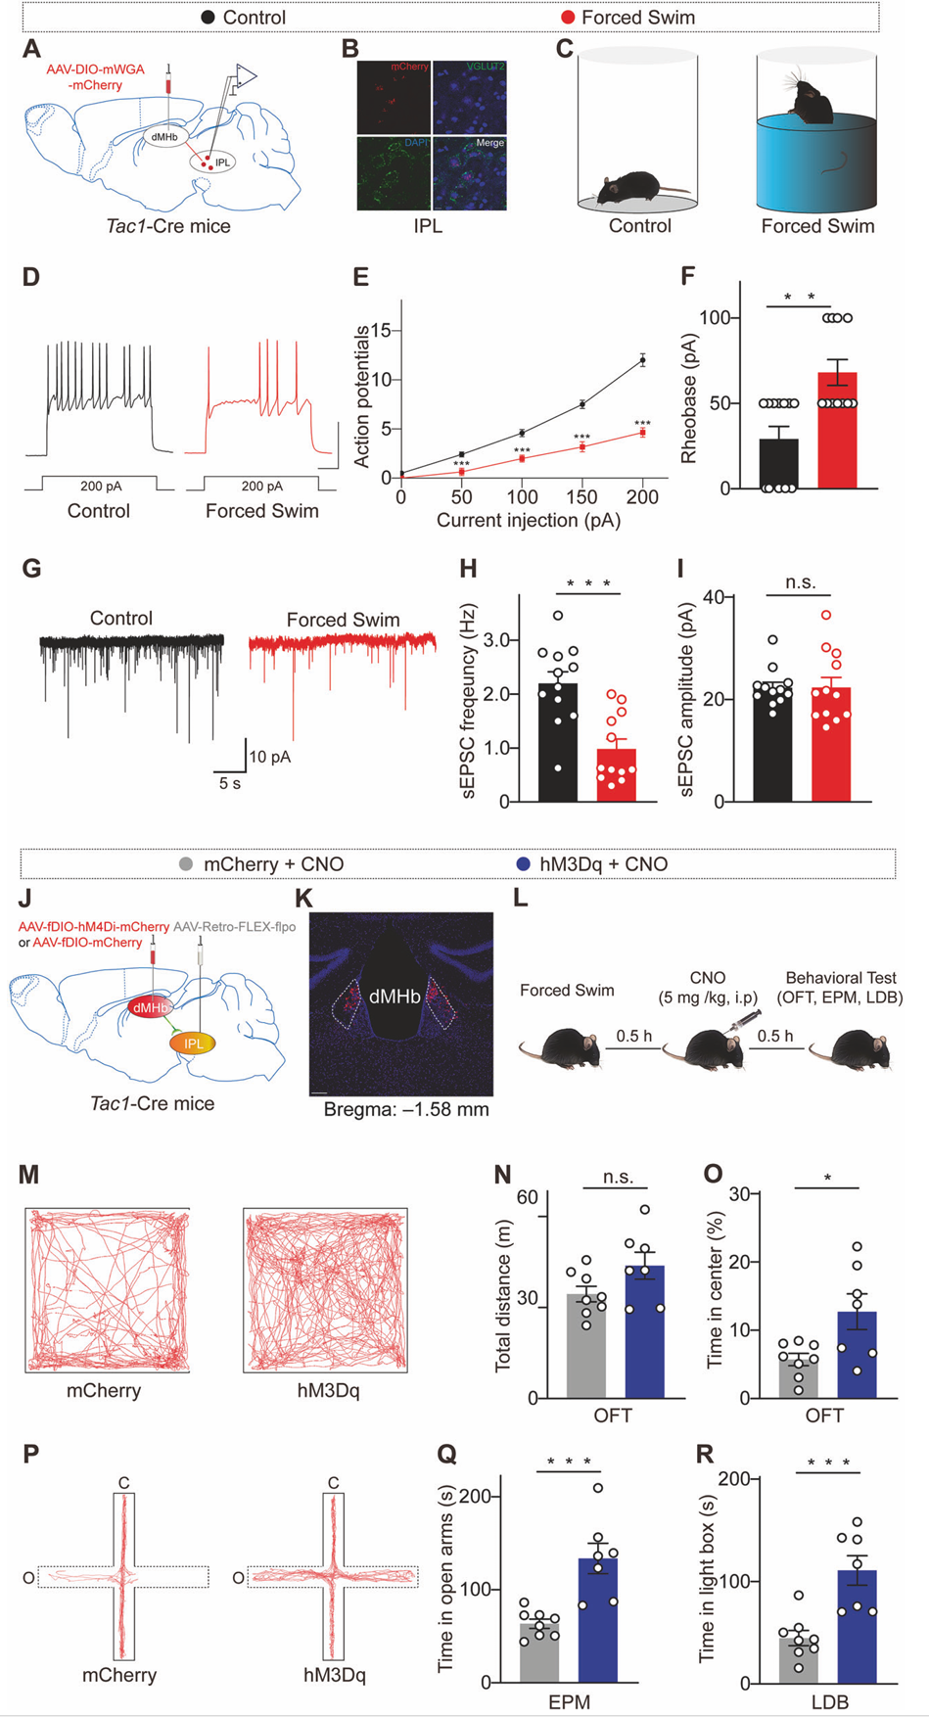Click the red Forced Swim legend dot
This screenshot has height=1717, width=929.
pos(568,18)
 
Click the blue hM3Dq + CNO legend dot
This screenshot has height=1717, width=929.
pos(523,863)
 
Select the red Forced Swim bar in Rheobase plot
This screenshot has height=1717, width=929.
pos(837,431)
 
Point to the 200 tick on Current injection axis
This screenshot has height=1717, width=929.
pos(643,498)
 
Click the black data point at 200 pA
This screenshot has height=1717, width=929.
pos(643,360)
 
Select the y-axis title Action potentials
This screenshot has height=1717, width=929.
pos(362,396)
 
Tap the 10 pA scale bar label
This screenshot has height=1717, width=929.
pos(269,757)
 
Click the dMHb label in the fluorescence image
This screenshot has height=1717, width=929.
pos(395,997)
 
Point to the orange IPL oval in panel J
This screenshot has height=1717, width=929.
pos(193,1044)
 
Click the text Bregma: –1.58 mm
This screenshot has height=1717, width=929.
pos(406,1109)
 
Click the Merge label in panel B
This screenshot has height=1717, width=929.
pos(490,143)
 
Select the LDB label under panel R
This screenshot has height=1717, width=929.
pos(829,1702)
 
